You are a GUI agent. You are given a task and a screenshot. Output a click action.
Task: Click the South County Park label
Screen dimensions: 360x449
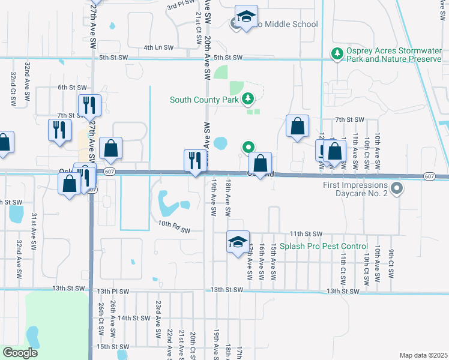click(x=205, y=100)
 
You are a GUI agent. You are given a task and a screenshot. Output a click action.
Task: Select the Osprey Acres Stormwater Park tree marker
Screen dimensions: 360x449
click(x=337, y=55)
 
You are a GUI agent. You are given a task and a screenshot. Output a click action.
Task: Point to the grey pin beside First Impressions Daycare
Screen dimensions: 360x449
click(x=396, y=190)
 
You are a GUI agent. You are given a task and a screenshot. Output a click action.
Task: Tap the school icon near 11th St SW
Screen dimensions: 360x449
click(x=238, y=241)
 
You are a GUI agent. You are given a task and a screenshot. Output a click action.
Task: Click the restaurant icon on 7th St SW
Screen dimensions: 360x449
click(x=89, y=106)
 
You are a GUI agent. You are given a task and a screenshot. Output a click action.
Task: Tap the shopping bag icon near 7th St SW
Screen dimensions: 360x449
click(x=297, y=126)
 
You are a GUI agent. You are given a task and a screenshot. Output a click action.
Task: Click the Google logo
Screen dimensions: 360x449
click(x=20, y=353)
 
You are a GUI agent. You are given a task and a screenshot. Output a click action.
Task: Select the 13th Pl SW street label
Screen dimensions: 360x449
click(x=113, y=291)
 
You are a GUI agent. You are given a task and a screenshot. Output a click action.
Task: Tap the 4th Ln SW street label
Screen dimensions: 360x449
click(x=158, y=47)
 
